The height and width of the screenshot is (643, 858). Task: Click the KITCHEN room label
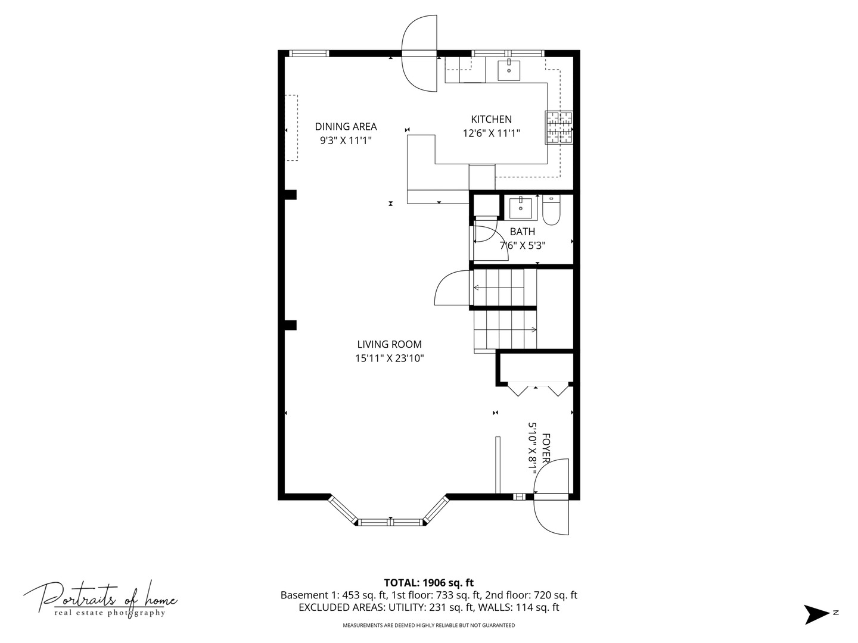[x=491, y=119]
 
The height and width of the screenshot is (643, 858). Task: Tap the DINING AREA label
[x=346, y=126]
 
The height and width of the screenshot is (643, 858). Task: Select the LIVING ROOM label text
[x=389, y=344]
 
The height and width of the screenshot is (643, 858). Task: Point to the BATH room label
[x=522, y=232]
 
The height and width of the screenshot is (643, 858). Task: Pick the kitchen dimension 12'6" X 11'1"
[x=491, y=133]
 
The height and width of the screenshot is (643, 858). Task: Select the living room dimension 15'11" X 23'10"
[x=389, y=358]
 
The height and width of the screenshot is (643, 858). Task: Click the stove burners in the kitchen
[x=559, y=127]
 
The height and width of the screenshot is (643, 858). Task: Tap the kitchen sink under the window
[x=509, y=69]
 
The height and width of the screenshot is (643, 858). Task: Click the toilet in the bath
[x=550, y=211]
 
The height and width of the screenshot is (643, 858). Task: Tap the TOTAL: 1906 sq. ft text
[x=428, y=582]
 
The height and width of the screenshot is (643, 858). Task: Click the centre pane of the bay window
[x=390, y=522]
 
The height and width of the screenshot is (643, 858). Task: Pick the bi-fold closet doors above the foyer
[x=536, y=389]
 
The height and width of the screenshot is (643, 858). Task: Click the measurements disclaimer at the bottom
[x=428, y=625]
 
